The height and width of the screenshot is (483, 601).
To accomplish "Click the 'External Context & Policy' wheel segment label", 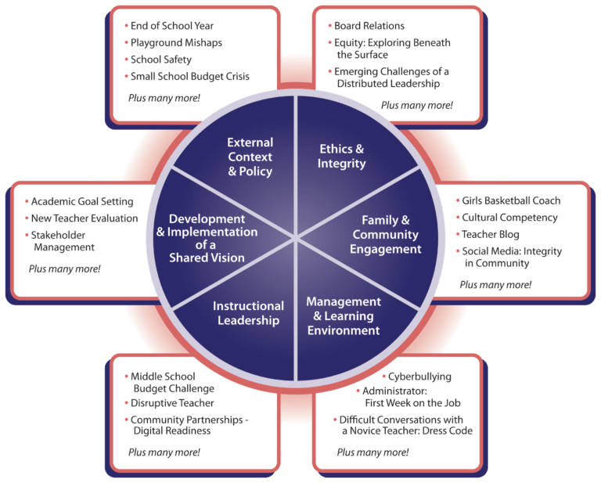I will pos(250,157).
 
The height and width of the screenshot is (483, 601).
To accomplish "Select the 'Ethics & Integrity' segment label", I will pos(342,157).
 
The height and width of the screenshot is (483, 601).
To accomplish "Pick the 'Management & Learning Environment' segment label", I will pos(344,315).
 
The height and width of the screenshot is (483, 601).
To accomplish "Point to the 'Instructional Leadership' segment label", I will pos(248,313).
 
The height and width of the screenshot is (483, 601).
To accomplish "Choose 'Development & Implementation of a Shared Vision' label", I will pos(207,238).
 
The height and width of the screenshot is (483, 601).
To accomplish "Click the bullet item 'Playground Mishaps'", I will pos(176,42).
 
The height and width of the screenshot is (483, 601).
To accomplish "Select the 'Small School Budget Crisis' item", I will pos(189,76).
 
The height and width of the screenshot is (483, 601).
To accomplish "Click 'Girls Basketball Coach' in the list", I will pos(511,200).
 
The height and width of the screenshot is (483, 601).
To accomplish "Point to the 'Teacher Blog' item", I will pos(491,234).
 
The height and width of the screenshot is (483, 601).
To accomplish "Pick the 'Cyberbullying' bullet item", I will pos(419,377).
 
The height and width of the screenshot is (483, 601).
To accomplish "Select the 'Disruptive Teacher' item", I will pos(172,403).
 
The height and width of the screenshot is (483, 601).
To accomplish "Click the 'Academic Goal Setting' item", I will pos(82,201).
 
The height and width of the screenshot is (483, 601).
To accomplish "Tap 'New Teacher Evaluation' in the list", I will pos(85,218).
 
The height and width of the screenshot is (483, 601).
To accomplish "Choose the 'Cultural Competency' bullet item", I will pos(509,218).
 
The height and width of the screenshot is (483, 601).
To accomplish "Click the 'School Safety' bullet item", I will pos(161,59).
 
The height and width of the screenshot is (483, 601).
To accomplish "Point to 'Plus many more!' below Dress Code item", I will pos(372,452).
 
